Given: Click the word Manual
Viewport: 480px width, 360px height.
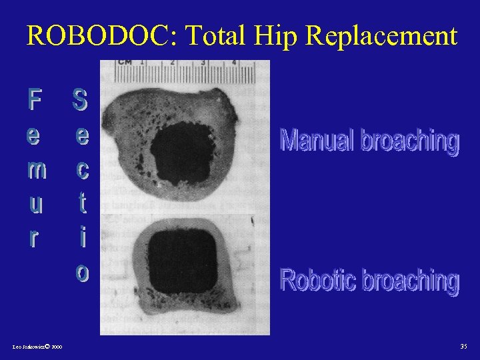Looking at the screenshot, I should [x=317, y=141].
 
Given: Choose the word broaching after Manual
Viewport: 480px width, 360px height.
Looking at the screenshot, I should [x=410, y=142].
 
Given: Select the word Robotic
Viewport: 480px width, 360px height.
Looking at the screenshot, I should [x=318, y=280].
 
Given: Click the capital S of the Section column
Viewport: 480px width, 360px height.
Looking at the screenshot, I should [x=80, y=101].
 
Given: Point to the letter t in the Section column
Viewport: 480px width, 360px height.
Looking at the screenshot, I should [x=81, y=202].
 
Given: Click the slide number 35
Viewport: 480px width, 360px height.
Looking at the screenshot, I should [x=464, y=346].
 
